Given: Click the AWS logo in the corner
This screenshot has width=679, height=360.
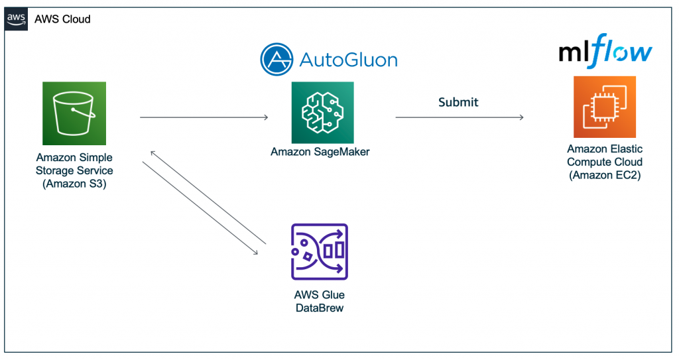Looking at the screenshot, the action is pos(16,19).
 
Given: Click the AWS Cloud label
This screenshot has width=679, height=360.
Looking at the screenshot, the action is pos(62,19).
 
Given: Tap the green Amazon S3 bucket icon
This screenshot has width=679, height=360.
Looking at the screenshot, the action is pos(74,113).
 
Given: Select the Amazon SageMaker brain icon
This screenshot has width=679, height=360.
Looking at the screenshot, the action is pos(323,113).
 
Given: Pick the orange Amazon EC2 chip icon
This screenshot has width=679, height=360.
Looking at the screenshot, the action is pos(605,107).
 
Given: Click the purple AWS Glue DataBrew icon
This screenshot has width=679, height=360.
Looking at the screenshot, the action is pos(320,252).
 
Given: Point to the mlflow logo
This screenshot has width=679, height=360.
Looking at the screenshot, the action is pos(605,51).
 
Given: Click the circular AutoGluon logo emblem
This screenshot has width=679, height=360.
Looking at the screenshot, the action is pos(277,60).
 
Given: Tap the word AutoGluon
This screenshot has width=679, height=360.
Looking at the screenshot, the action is pos(349,60).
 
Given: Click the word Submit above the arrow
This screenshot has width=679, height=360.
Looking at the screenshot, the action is pos(458,102).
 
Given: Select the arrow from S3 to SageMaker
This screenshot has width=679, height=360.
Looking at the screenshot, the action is pos(204,117).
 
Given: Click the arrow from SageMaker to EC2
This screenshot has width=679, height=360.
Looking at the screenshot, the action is pos(460,117).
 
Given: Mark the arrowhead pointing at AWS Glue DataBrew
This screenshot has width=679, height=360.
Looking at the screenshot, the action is pos(256,253).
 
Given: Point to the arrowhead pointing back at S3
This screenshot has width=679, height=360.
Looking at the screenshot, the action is pos(153,153).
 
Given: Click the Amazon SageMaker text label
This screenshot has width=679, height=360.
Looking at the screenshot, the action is pos(320,152).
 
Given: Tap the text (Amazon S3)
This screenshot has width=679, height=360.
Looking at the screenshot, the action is pos(74,184).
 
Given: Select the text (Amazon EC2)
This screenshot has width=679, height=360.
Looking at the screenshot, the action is pos(605,175).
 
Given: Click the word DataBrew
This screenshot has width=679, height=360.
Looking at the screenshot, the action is pos(320,308).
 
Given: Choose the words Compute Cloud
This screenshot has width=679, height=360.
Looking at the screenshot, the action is pos(605,162).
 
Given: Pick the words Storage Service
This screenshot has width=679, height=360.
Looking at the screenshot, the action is pos(74,170).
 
